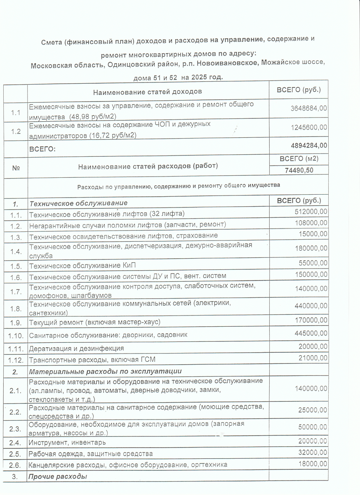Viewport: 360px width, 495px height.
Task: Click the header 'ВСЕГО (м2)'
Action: (x=299, y=159)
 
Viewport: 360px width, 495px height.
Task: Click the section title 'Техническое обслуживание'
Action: (x=78, y=203)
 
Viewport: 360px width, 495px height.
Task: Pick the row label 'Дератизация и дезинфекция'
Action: (x=76, y=349)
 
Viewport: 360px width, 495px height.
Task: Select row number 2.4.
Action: (x=15, y=443)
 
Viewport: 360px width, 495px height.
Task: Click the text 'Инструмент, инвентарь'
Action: (x=68, y=443)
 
